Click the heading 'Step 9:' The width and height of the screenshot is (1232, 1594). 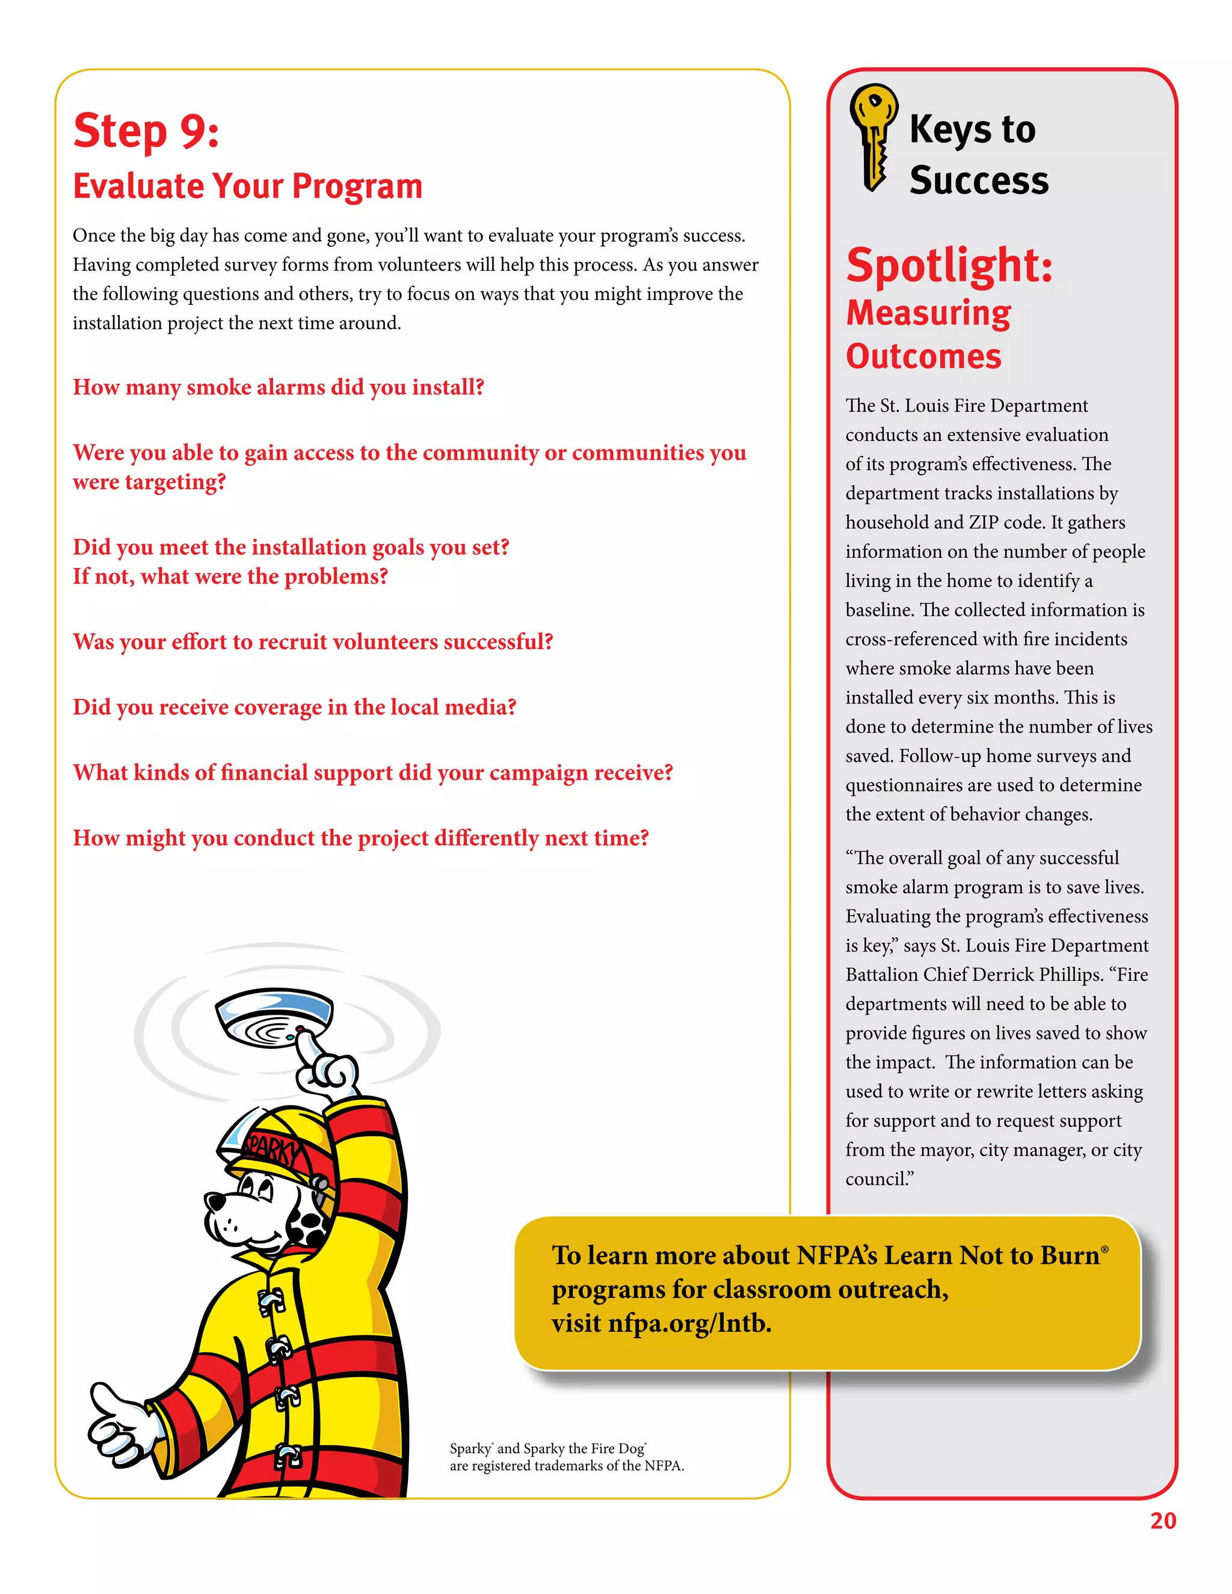coord(146,131)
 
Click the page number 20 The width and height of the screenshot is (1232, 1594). coord(1163,1520)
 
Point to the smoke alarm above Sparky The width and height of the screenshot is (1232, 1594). coord(274,1015)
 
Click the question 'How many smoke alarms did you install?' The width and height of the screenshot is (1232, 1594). coord(278,387)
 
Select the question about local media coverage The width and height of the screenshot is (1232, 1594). coord(294,707)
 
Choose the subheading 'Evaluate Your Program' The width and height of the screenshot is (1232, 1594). coord(247,186)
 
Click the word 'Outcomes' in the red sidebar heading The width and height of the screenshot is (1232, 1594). coord(923,356)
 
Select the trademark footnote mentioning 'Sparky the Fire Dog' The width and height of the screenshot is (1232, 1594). coord(566,1457)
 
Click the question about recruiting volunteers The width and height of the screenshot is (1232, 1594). coord(312,642)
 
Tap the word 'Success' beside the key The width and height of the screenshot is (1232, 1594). coord(979,180)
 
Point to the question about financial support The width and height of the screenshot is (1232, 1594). coord(372,772)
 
